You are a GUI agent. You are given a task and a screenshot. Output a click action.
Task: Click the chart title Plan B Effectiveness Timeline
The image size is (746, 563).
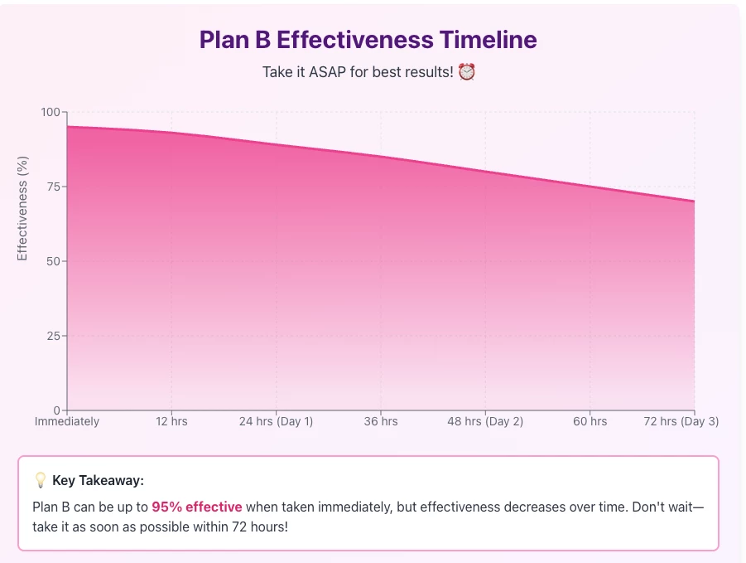click(368, 40)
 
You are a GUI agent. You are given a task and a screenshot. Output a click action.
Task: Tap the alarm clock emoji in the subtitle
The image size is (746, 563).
click(467, 72)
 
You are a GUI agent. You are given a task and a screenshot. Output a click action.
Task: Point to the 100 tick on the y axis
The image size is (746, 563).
click(51, 112)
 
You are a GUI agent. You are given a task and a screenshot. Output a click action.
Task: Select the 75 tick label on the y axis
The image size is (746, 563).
click(54, 187)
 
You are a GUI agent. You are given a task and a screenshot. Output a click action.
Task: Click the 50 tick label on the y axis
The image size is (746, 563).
click(54, 261)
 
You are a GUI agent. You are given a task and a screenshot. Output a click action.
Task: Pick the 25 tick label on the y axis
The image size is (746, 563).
click(54, 336)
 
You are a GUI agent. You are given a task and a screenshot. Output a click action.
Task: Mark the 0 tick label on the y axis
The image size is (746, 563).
click(57, 410)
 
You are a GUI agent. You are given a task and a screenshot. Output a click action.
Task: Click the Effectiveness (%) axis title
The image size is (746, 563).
click(22, 209)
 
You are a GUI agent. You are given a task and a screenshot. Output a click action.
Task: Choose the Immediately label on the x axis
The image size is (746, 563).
click(67, 421)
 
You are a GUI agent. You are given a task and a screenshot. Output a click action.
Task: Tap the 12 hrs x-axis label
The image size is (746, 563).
click(171, 421)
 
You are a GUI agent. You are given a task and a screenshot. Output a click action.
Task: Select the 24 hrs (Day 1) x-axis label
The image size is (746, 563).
click(276, 421)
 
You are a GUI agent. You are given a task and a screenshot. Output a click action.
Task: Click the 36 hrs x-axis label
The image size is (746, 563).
click(381, 421)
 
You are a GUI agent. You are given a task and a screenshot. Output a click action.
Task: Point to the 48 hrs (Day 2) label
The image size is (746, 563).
click(485, 421)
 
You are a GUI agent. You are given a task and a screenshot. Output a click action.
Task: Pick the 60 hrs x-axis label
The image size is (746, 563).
click(590, 421)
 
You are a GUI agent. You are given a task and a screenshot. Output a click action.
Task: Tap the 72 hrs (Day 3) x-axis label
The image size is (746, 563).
click(681, 421)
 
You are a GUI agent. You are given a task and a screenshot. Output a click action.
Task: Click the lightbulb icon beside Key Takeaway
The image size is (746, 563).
click(41, 479)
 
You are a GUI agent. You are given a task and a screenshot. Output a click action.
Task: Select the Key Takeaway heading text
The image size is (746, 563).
click(98, 480)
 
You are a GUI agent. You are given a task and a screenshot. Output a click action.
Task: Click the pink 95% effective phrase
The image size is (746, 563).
click(197, 507)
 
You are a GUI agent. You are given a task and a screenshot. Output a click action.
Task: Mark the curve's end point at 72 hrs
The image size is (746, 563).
click(694, 201)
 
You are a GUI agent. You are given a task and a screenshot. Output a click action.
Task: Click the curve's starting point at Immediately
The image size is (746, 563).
click(68, 127)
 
